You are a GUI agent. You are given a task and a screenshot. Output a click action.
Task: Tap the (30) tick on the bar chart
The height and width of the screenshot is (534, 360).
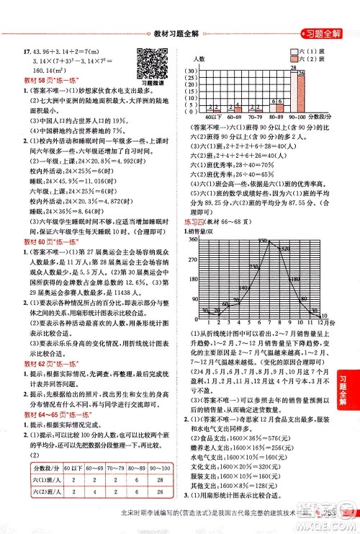pyautogui.click(x=192, y=71)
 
